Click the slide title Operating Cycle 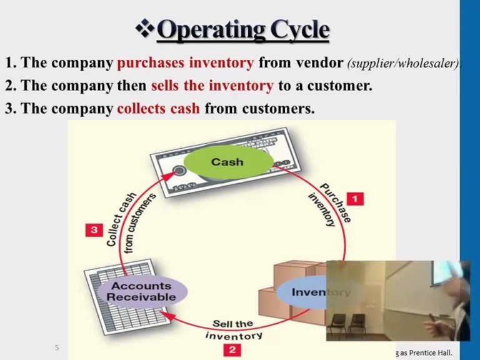pos(243,29)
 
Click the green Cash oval pos(227,162)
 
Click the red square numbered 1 pos(354,199)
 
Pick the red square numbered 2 pos(232,349)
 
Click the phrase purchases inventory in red pos(185,63)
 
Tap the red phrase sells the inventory pos(212,86)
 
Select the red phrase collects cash pos(159,108)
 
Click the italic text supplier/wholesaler pos(402,64)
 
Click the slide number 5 pos(57,347)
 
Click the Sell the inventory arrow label pos(233,330)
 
